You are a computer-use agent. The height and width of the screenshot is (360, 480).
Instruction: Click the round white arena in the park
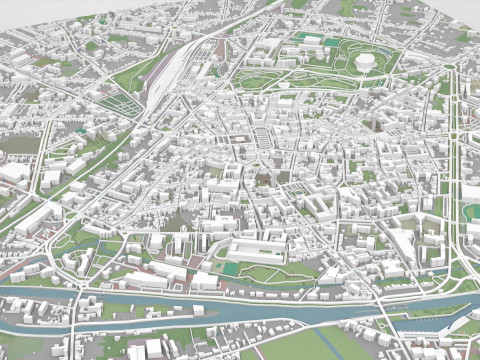(366, 63)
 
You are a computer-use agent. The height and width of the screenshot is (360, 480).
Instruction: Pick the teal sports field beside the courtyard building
(231, 268)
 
